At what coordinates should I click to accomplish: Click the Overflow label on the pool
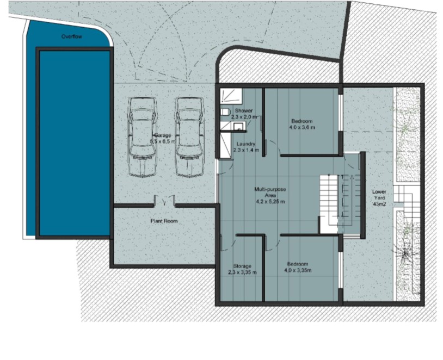71,37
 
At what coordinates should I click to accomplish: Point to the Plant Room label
164,221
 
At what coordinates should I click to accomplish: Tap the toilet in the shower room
225,112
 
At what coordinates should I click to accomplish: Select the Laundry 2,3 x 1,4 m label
246,146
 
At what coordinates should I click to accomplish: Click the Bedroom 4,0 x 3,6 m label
302,124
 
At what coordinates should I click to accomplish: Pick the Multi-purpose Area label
270,195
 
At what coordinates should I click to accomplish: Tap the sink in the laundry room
238,127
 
